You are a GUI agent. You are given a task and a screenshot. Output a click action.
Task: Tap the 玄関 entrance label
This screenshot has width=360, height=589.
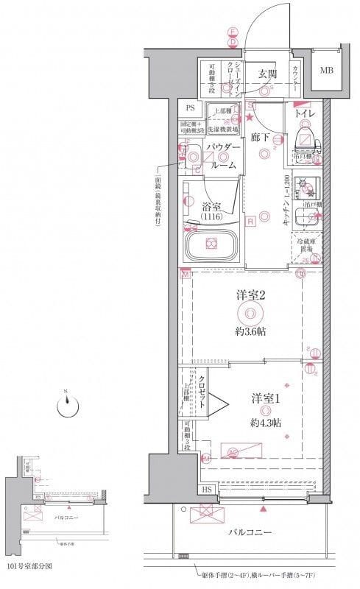(x=267, y=74)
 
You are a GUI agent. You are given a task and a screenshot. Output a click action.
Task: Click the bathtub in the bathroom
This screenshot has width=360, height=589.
(x=212, y=243)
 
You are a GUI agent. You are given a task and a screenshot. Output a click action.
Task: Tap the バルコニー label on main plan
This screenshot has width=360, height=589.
(x=250, y=531)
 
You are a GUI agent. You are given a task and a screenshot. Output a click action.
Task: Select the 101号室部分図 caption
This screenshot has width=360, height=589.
(x=31, y=567)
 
